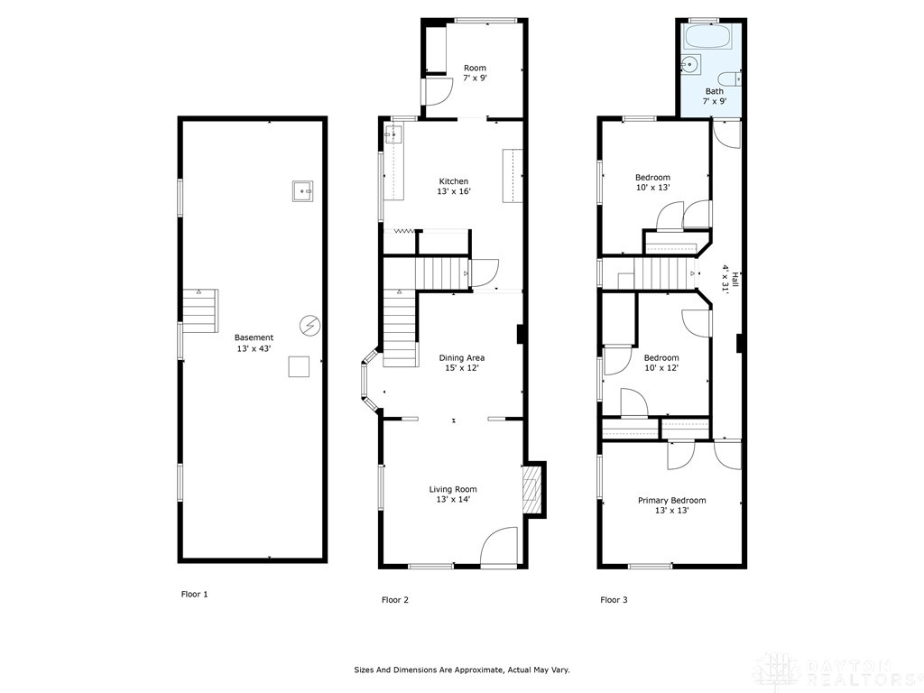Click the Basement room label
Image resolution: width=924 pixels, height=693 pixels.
coord(254,343)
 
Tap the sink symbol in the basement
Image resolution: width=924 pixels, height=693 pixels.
coord(302,190)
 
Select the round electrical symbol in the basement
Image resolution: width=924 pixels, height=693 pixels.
coord(310,324)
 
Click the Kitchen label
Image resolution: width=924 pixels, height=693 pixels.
coord(453,186)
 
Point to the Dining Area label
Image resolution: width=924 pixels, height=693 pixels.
coord(462,363)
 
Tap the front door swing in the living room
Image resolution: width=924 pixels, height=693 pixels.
coord(499,548)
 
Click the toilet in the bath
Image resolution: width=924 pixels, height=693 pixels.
coord(730,78)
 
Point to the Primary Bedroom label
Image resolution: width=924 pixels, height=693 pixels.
coord(671,505)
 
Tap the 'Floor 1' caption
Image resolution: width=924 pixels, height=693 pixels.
coord(194,595)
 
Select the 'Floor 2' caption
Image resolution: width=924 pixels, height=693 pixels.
coord(395,600)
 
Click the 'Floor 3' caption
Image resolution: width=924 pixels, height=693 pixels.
coord(614,600)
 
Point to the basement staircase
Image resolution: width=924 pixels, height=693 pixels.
coord(200,310)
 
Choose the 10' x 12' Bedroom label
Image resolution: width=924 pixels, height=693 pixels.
coord(661,363)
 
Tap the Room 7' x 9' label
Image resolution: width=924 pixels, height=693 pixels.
coord(475,73)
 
